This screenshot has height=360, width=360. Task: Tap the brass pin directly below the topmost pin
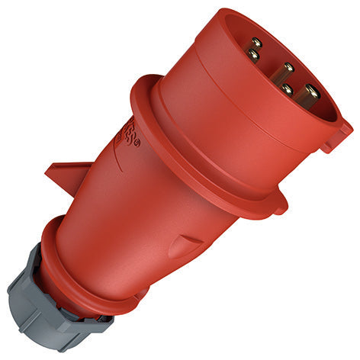[x=253, y=55]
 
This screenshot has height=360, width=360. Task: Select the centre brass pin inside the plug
[x=288, y=69]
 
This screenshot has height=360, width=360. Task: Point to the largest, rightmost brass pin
[x=309, y=95]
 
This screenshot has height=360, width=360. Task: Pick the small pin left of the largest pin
[x=287, y=89]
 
